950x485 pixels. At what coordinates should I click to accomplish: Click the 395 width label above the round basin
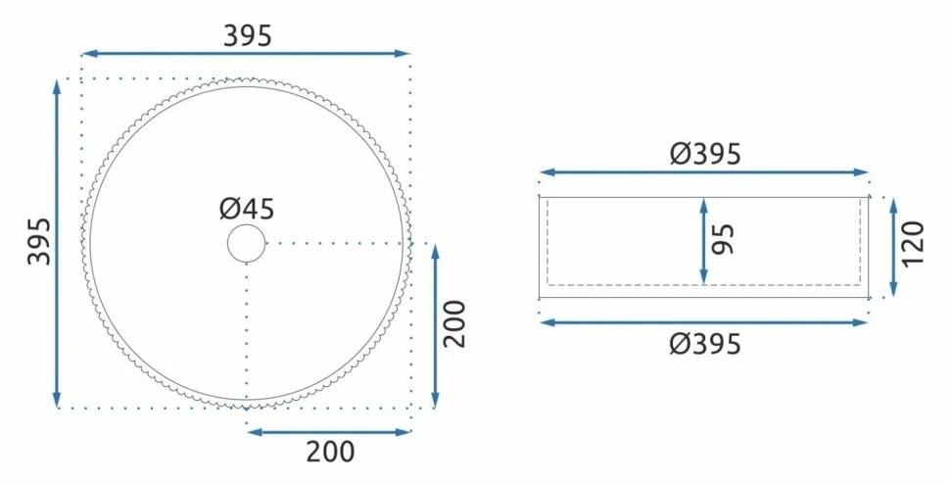pos(248,36)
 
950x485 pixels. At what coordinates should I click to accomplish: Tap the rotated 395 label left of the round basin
pos(40,241)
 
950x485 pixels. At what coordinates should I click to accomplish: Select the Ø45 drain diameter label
pos(247,209)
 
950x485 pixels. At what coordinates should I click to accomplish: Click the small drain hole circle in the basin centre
pos(246,243)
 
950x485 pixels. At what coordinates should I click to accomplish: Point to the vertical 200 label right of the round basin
pos(455,323)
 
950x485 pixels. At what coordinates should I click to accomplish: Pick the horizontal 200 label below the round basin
pos(330,452)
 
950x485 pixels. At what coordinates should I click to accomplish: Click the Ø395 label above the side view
pos(705,154)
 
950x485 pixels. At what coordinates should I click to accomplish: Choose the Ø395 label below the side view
pos(705,344)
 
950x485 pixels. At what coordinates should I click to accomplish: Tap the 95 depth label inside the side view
pos(724,239)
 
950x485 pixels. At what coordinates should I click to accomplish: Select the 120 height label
pos(914,243)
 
